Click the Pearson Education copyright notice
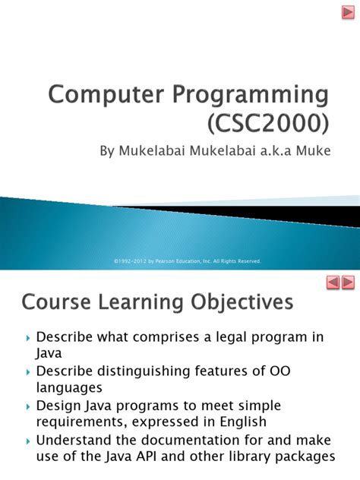click(x=187, y=261)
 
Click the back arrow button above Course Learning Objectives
click(x=332, y=283)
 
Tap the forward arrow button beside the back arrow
click(x=348, y=283)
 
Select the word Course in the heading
click(x=58, y=303)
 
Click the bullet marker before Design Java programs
click(x=28, y=406)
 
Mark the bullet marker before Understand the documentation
click(x=28, y=441)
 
